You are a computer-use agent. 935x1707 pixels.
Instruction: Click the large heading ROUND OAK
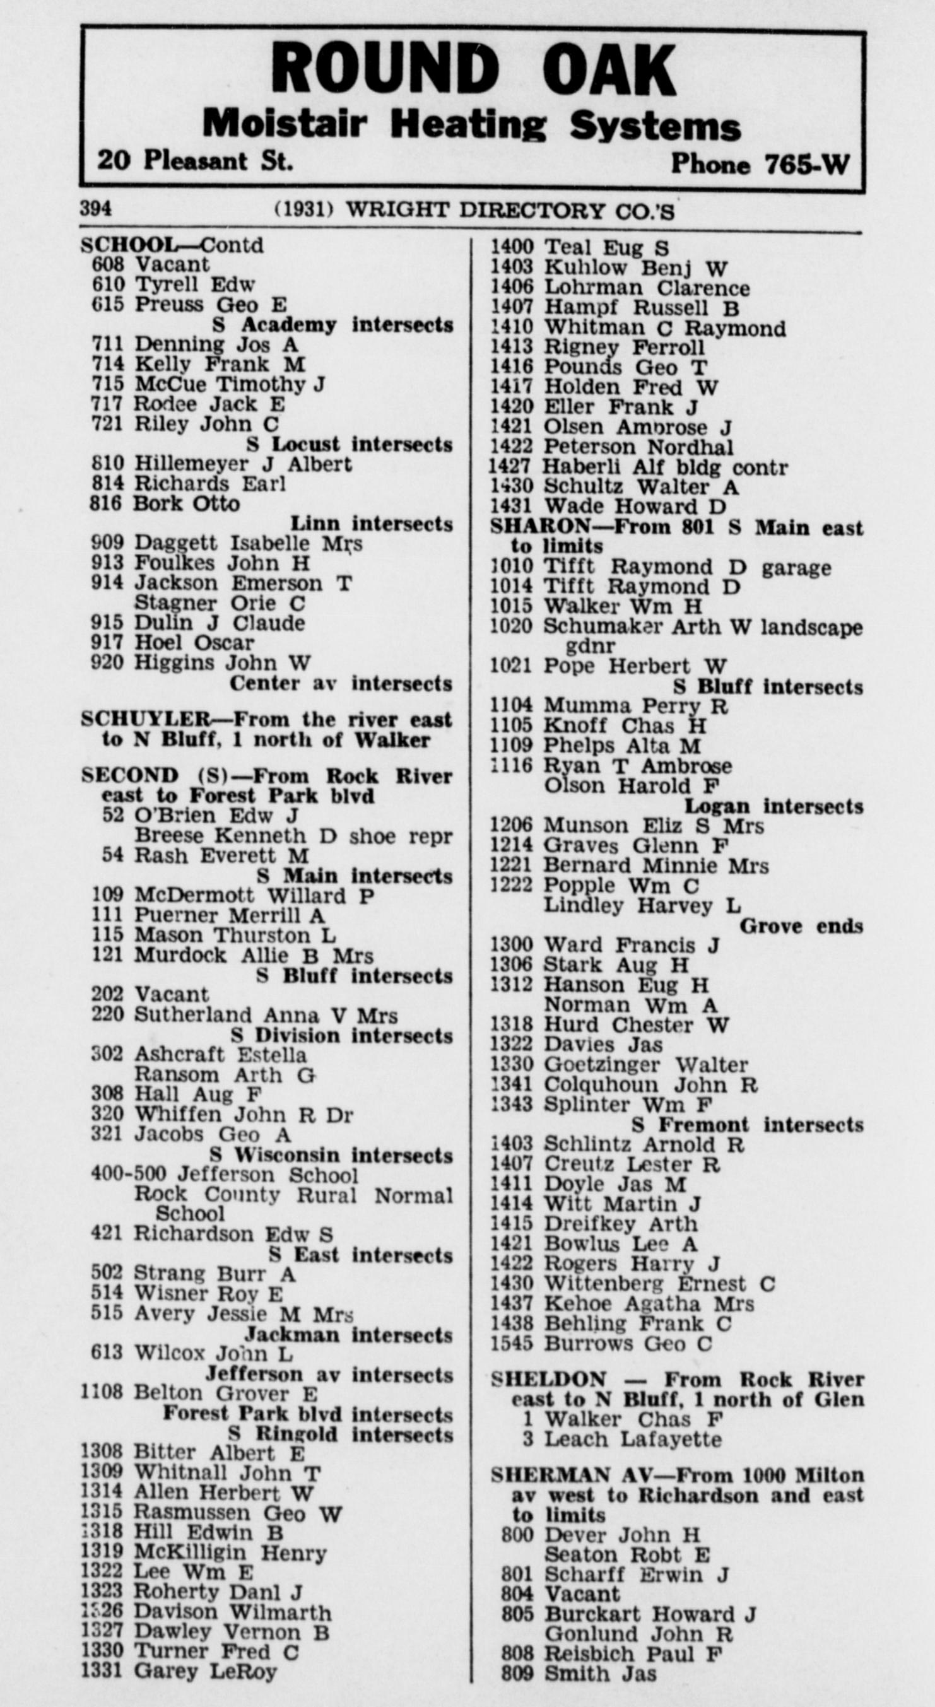pyautogui.click(x=473, y=70)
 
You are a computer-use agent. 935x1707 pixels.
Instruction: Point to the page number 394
pyautogui.click(x=96, y=209)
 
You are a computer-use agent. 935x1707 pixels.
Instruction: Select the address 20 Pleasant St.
pyautogui.click(x=196, y=160)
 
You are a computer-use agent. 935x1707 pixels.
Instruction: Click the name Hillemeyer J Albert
pyautogui.click(x=243, y=464)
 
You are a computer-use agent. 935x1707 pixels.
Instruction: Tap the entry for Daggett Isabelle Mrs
pyautogui.click(x=249, y=543)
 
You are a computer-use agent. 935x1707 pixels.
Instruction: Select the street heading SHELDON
pyautogui.click(x=548, y=1380)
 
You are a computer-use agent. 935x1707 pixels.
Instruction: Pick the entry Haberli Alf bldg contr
pyautogui.click(x=664, y=467)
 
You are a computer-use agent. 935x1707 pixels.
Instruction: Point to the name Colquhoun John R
pyautogui.click(x=650, y=1085)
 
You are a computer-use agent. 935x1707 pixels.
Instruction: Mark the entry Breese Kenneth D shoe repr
pyautogui.click(x=293, y=836)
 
